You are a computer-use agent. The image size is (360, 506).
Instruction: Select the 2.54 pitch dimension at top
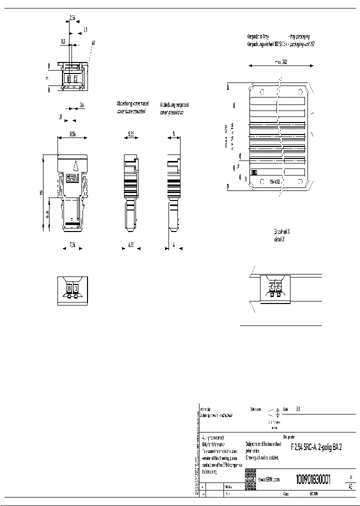point(72,17)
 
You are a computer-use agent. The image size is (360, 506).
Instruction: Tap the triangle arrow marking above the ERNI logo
point(75,165)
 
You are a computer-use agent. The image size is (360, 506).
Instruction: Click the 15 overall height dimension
point(43,192)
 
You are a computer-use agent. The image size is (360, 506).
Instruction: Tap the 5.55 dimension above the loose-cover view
point(130,134)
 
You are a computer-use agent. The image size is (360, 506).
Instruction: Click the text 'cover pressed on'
point(171,112)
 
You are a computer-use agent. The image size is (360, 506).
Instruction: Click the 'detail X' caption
point(279,240)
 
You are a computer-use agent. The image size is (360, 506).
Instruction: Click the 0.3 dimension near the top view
point(63,41)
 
